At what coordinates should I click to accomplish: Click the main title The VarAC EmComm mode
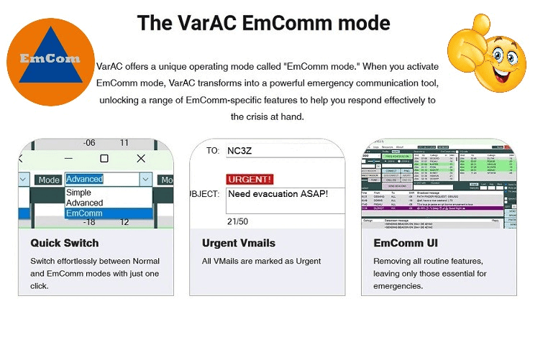click(263, 22)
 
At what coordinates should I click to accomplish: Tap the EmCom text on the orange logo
click(50, 58)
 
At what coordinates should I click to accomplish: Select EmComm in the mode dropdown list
click(84, 213)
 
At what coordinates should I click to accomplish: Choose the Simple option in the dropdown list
click(78, 193)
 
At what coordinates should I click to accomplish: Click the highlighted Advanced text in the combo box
click(84, 179)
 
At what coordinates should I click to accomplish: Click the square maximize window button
click(104, 158)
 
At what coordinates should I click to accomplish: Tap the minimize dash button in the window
click(68, 158)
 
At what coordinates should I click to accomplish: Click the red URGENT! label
click(250, 179)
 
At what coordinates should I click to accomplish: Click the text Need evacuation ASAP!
click(278, 194)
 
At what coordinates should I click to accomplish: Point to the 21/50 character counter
click(237, 221)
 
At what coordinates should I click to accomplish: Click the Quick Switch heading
click(65, 243)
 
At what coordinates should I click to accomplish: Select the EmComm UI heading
click(406, 243)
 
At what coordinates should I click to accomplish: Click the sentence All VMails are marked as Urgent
click(261, 261)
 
